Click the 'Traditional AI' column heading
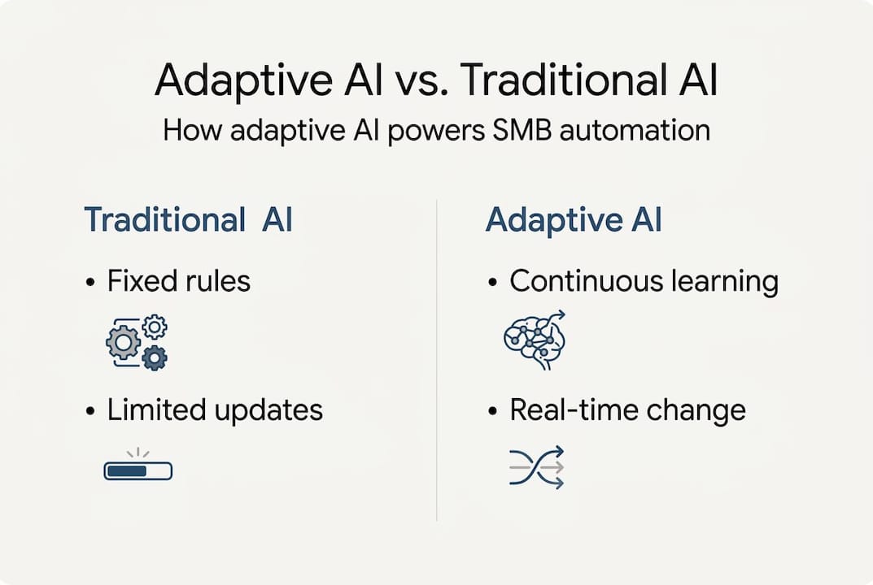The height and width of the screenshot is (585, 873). click(x=188, y=221)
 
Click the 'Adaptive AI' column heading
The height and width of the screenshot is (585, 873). click(x=573, y=221)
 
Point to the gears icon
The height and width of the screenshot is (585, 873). click(x=137, y=342)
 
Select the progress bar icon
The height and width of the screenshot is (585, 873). click(x=138, y=469)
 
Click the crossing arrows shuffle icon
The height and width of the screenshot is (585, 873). click(x=536, y=467)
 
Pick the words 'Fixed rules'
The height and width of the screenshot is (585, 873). click(x=178, y=282)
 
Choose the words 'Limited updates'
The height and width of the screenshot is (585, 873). click(x=215, y=410)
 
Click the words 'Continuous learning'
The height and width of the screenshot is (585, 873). click(x=644, y=282)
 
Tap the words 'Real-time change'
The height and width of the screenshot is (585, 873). click(x=627, y=410)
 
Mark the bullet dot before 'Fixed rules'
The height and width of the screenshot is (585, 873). click(x=91, y=284)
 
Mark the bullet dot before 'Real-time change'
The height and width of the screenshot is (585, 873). click(x=493, y=412)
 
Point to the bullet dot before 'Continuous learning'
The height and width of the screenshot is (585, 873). click(x=493, y=284)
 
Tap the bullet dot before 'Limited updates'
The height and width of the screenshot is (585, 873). click(x=91, y=412)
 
